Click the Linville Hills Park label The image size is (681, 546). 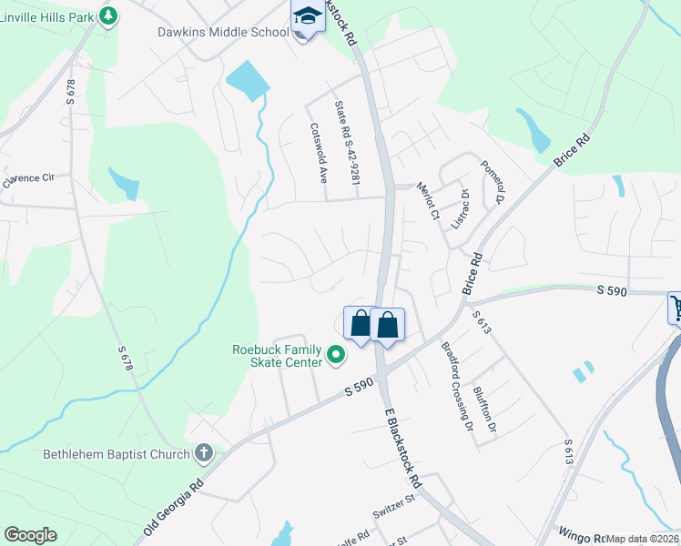click(46, 16)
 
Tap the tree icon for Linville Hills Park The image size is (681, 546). click(108, 16)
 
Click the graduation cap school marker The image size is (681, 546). click(307, 16)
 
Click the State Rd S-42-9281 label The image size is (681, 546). click(347, 149)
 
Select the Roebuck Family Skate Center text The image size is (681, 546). click(278, 356)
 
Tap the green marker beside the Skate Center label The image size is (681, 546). click(336, 355)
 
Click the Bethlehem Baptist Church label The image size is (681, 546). click(116, 454)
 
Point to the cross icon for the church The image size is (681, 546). click(204, 453)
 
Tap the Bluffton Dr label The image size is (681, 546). click(486, 409)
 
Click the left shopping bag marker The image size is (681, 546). click(361, 323)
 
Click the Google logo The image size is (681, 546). click(30, 535)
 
